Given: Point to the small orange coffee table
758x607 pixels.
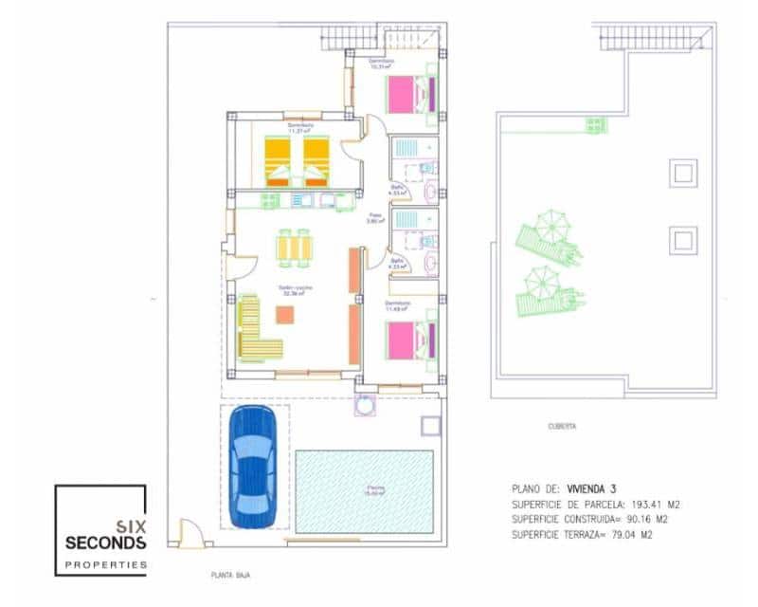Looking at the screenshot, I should pos(284,314).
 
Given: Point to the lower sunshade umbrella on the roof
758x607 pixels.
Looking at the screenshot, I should pos(541,281).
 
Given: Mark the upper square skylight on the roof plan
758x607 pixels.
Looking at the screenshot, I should pos(682,173).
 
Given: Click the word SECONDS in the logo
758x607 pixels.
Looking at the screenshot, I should pos(105,543).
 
